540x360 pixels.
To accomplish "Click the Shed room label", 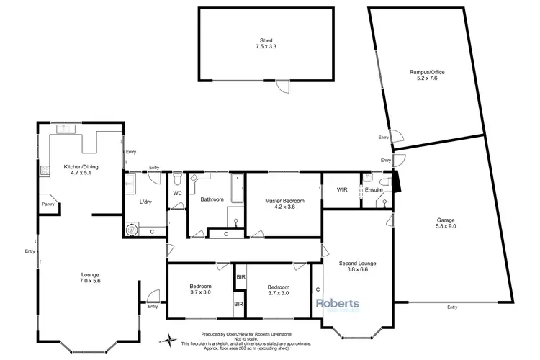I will pyautogui.click(x=266, y=40).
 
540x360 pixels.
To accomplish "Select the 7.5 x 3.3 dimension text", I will pyautogui.click(x=266, y=47).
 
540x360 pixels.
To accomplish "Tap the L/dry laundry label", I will pyautogui.click(x=147, y=201).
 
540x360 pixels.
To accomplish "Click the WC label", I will pyautogui.click(x=177, y=193).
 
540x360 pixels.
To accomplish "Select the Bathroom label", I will pyautogui.click(x=214, y=199).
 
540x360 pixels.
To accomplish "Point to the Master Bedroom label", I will pyautogui.click(x=284, y=200).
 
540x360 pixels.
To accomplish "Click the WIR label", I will pyautogui.click(x=341, y=190).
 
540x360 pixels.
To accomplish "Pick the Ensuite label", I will pyautogui.click(x=373, y=190).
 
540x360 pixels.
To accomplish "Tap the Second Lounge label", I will pyautogui.click(x=357, y=264).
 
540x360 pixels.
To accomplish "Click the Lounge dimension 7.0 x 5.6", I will pyautogui.click(x=90, y=281).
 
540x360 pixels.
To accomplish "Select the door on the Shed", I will pyautogui.click(x=285, y=86).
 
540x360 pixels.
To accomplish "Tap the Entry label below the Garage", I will pyautogui.click(x=451, y=307).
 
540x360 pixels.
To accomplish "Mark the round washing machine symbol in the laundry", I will pyautogui.click(x=132, y=230).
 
